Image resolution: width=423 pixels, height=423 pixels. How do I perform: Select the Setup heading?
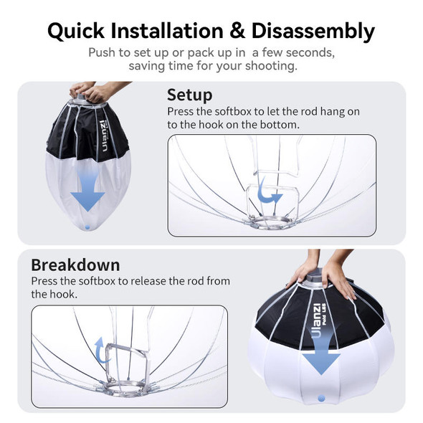pyautogui.click(x=189, y=95)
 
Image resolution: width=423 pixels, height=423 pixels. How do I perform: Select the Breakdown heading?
pyautogui.click(x=75, y=264)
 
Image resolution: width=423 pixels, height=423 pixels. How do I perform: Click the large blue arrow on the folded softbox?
pyautogui.click(x=87, y=194)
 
